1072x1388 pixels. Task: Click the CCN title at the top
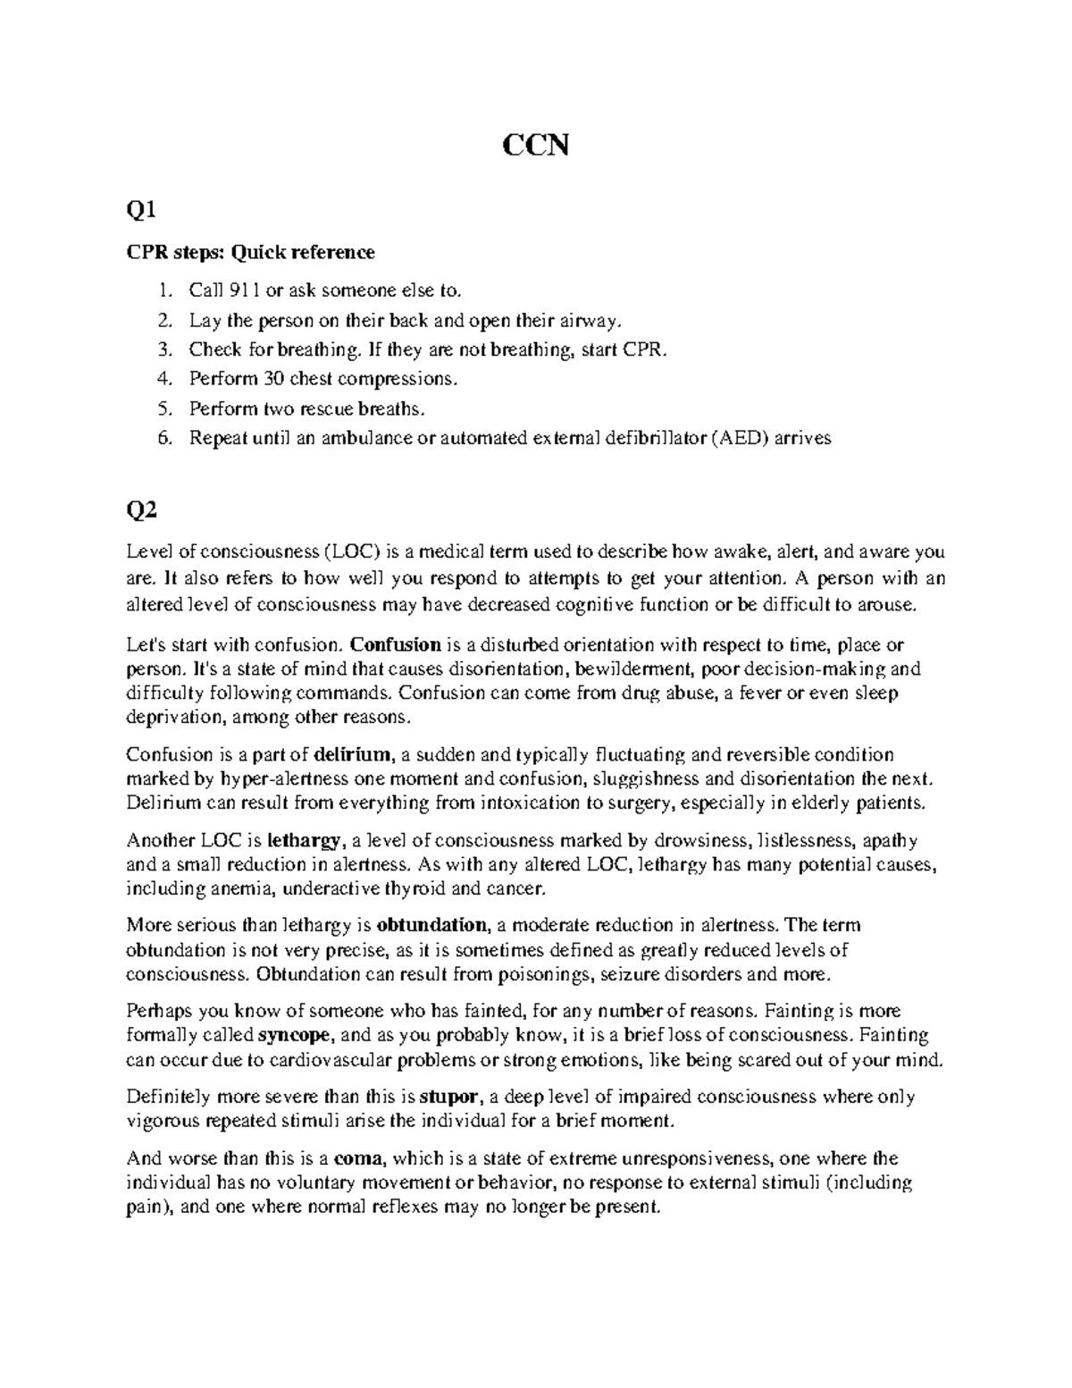point(535,146)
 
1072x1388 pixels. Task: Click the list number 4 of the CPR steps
point(162,378)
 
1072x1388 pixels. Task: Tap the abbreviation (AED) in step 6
point(733,438)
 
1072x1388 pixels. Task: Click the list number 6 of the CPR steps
point(162,438)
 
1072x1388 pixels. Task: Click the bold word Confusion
point(396,644)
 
